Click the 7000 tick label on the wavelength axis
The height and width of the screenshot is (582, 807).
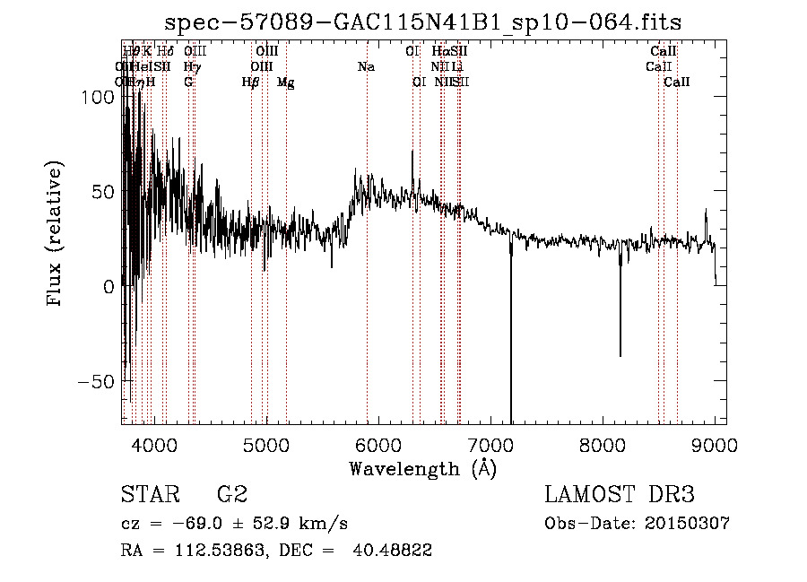click(490, 445)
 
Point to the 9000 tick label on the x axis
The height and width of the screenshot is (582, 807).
click(715, 445)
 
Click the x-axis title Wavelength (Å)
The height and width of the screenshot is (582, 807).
click(422, 468)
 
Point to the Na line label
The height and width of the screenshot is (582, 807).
click(366, 67)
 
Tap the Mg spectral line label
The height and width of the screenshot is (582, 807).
click(285, 83)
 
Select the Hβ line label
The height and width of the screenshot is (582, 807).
click(250, 83)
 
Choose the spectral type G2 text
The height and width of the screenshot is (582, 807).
click(231, 495)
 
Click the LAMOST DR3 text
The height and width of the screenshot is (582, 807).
click(620, 495)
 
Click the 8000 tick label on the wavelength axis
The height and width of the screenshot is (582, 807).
click(603, 445)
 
